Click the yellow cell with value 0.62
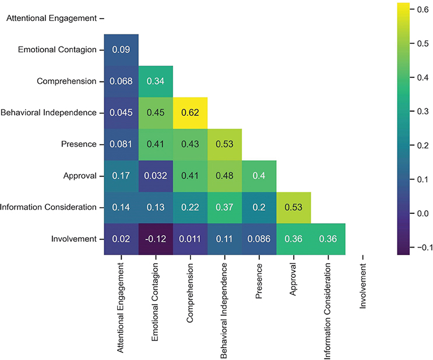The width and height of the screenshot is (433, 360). pyautogui.click(x=190, y=113)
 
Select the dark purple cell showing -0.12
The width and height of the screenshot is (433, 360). pyautogui.click(x=156, y=239)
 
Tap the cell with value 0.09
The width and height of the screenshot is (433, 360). pyautogui.click(x=121, y=50)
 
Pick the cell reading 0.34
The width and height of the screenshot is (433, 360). pyautogui.click(x=156, y=82)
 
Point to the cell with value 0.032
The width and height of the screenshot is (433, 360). pyautogui.click(x=156, y=176)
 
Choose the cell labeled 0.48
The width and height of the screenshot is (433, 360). pyautogui.click(x=224, y=176)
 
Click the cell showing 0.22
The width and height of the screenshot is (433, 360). pyautogui.click(x=190, y=207)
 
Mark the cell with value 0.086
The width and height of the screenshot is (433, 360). pyautogui.click(x=259, y=239)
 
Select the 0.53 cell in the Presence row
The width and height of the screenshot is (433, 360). pyautogui.click(x=224, y=144)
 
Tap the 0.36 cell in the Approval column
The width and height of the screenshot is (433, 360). pyautogui.click(x=293, y=239)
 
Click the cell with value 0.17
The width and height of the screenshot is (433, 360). pyautogui.click(x=121, y=176)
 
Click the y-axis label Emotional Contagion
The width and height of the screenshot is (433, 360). pyautogui.click(x=57, y=50)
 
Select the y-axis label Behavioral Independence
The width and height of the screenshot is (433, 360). pyautogui.click(x=48, y=113)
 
